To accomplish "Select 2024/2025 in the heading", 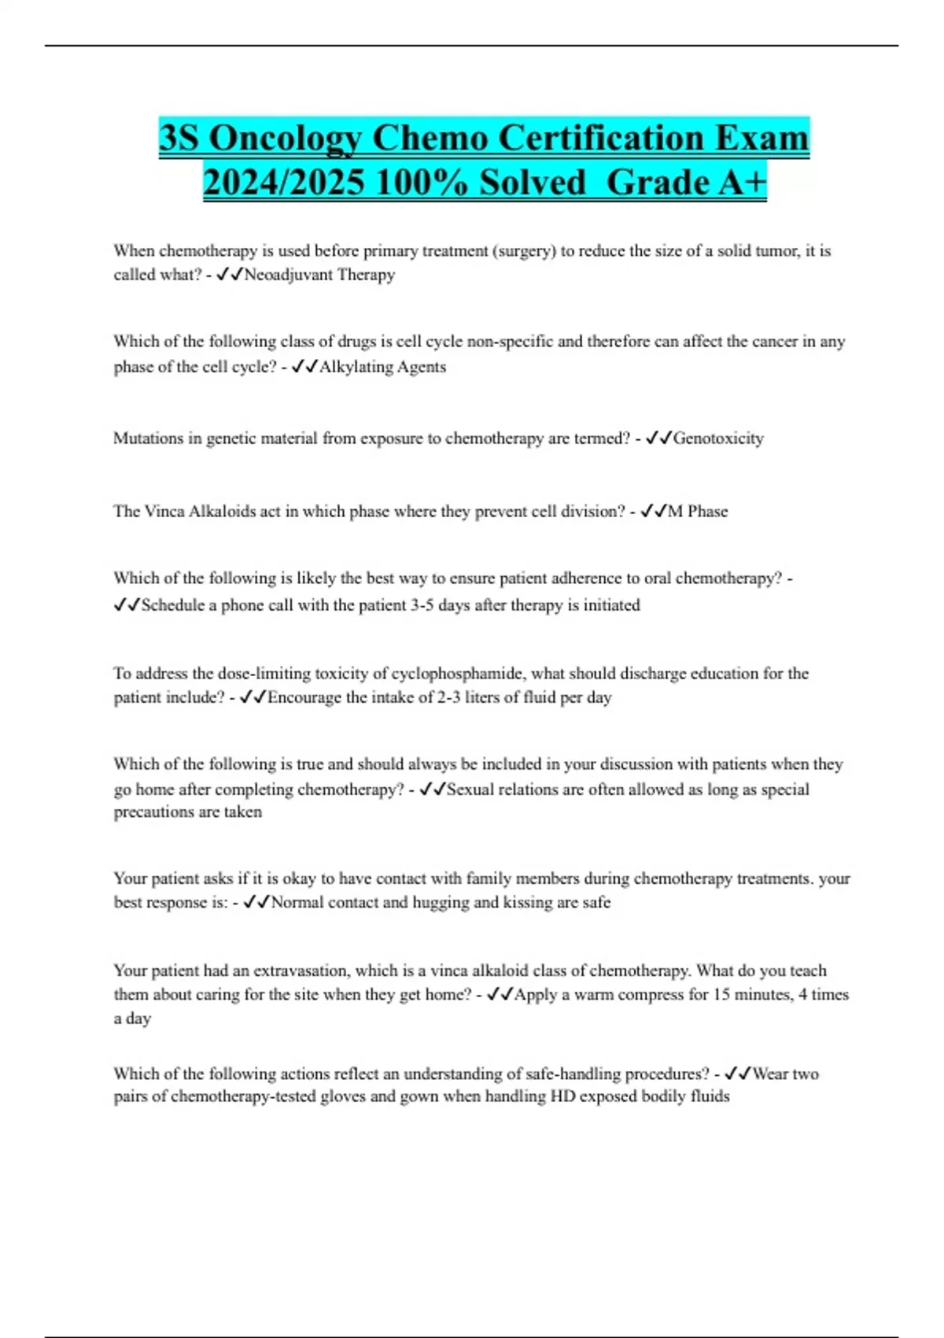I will pos(283,183).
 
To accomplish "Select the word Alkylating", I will pos(350,367).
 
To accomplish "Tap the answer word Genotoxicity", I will pos(718,438).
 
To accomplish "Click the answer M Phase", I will pos(698,512).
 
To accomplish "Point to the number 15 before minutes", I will pos(721,994).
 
